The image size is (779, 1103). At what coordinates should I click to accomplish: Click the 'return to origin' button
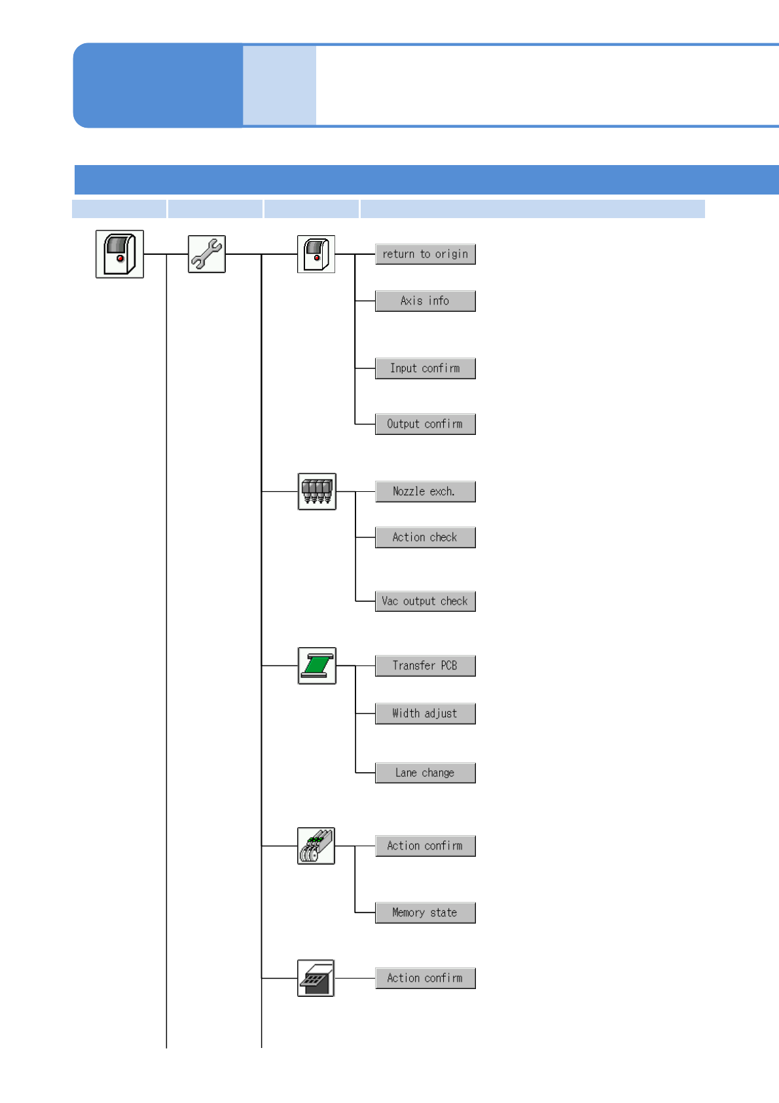click(425, 254)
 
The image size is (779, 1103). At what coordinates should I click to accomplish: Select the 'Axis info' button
click(425, 301)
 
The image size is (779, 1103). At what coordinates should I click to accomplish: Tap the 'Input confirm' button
click(425, 369)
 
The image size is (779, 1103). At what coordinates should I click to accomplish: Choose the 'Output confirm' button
click(425, 424)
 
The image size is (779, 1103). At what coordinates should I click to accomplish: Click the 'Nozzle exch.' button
click(425, 492)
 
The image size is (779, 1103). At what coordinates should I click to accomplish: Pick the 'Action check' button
click(425, 538)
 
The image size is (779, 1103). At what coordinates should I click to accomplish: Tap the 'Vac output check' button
click(425, 601)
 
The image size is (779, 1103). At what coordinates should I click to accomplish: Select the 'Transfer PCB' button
click(425, 666)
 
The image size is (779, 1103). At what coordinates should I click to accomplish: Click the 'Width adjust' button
click(425, 714)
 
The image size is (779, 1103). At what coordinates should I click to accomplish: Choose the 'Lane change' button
click(425, 774)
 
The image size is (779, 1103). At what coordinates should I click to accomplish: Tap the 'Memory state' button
click(425, 913)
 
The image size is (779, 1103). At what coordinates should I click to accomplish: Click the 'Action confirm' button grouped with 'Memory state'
click(425, 846)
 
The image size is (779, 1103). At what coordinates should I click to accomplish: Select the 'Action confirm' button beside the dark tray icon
click(425, 979)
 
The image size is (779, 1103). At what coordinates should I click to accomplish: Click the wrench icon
click(207, 254)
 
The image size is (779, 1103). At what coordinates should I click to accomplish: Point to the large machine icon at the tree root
click(120, 254)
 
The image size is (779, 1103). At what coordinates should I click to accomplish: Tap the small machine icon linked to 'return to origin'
click(316, 254)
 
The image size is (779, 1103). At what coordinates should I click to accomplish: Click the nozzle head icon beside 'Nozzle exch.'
click(317, 491)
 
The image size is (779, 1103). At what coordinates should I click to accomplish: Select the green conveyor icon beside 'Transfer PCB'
click(317, 665)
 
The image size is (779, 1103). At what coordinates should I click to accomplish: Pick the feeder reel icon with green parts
click(316, 846)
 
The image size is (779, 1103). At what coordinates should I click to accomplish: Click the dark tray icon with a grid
click(316, 979)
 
